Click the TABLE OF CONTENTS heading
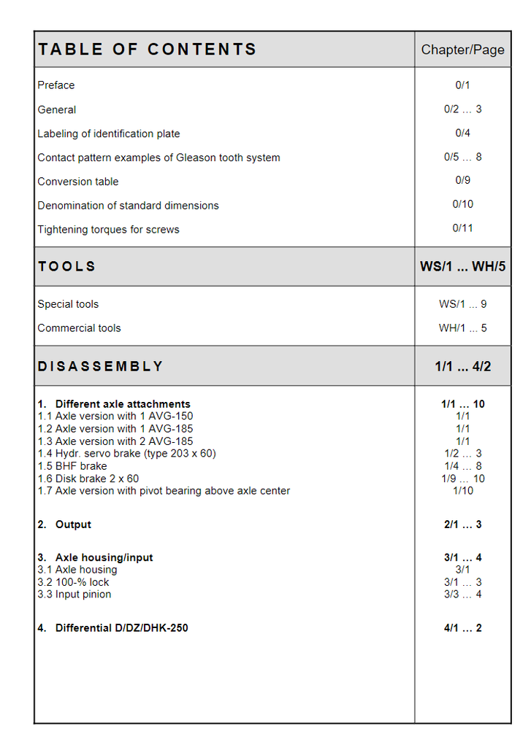pyautogui.click(x=147, y=50)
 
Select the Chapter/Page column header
pyautogui.click(x=462, y=50)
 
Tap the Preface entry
pyautogui.click(x=56, y=85)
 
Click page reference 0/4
pyautogui.click(x=462, y=133)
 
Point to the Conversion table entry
pyautogui.click(x=78, y=182)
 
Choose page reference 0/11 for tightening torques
pyautogui.click(x=462, y=228)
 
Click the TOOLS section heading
pyautogui.click(x=66, y=266)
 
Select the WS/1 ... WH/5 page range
pyautogui.click(x=462, y=266)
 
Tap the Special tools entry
pyautogui.click(x=68, y=304)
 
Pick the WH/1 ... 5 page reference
pyautogui.click(x=462, y=328)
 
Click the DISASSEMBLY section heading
pyautogui.click(x=100, y=366)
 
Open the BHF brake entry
pyautogui.click(x=72, y=466)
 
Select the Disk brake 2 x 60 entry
pyautogui.click(x=88, y=479)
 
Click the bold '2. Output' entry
pyautogui.click(x=65, y=525)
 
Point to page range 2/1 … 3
pyautogui.click(x=462, y=525)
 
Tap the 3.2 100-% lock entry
pyautogui.click(x=74, y=582)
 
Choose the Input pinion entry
pyautogui.click(x=75, y=595)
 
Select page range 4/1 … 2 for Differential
pyautogui.click(x=462, y=628)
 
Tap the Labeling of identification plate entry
pyautogui.click(x=109, y=134)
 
